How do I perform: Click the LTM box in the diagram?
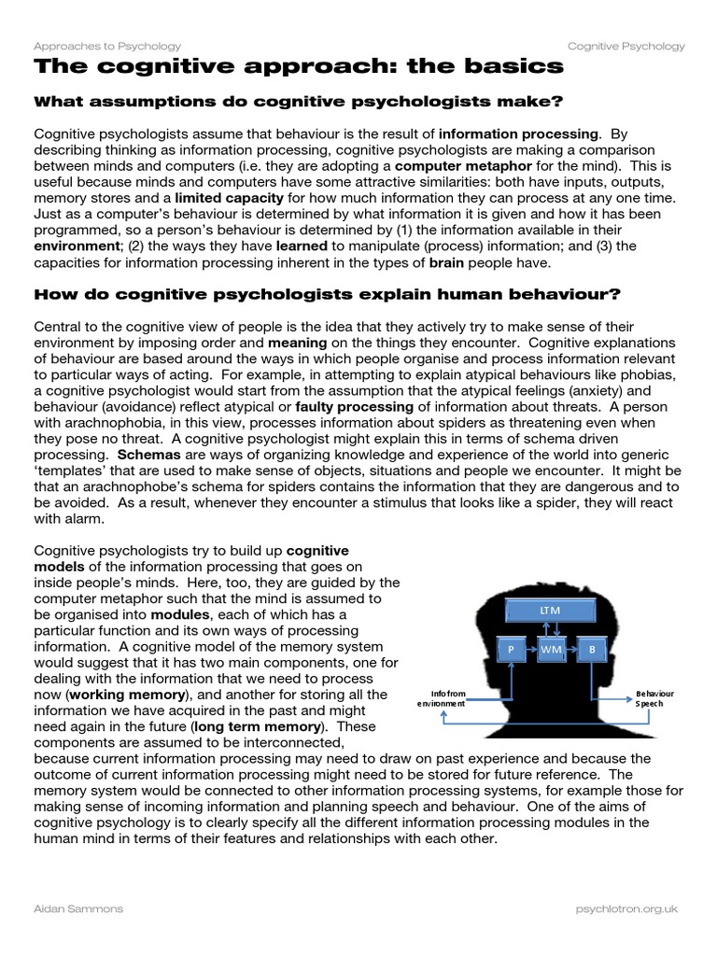click(x=549, y=611)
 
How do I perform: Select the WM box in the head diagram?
click(x=550, y=648)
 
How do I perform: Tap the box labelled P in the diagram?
click(x=511, y=648)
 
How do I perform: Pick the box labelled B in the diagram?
click(x=591, y=648)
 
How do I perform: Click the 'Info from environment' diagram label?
click(x=442, y=698)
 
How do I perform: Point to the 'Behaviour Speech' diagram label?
click(x=654, y=698)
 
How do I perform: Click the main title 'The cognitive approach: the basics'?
click(x=299, y=66)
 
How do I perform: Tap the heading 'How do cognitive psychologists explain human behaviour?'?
click(x=327, y=295)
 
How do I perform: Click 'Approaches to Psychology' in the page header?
click(x=107, y=46)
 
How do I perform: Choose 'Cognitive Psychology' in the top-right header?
click(x=626, y=46)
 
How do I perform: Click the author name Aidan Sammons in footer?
click(x=78, y=907)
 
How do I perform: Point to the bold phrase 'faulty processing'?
click(x=354, y=408)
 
